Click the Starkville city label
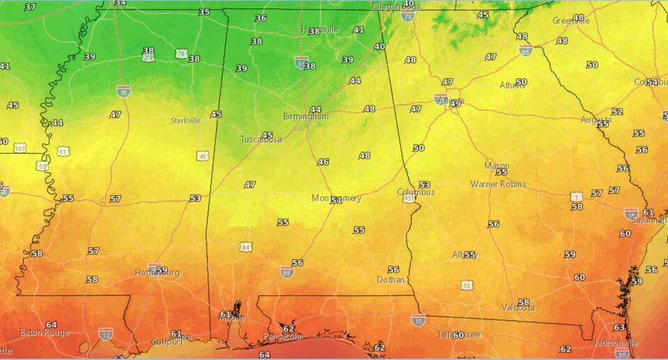click(185, 120)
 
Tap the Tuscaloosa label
click(262, 139)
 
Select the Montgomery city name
click(336, 198)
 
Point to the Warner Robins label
click(498, 185)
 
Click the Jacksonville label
click(616, 343)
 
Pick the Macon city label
click(497, 166)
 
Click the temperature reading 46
click(323, 162)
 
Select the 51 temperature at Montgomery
click(336, 201)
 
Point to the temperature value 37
click(30, 7)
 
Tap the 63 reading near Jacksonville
click(619, 327)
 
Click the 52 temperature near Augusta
click(617, 111)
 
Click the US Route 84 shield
click(246, 246)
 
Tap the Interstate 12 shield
click(106, 335)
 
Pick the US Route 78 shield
click(181, 54)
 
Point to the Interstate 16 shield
click(631, 214)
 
